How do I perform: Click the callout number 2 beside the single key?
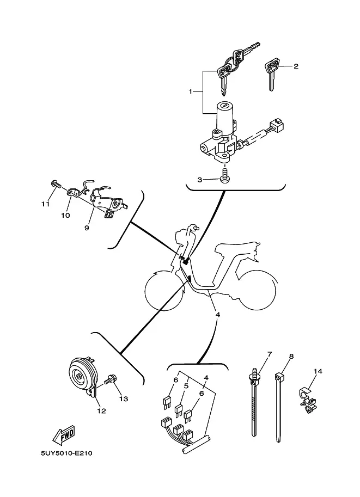coord(296,66)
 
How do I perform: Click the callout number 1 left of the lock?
coord(190,91)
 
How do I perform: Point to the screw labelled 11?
coord(56,183)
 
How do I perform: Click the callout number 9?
coord(87,228)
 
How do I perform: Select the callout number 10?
coord(65,215)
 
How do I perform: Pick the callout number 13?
coord(124,398)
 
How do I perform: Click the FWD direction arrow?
coord(64,434)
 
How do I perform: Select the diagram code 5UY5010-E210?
coord(67,453)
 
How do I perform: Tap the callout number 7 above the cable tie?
coord(270,354)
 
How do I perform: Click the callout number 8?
coord(291,356)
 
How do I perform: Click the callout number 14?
coord(318,371)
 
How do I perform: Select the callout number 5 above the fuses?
coord(186,386)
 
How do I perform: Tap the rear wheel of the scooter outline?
coord(257,290)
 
